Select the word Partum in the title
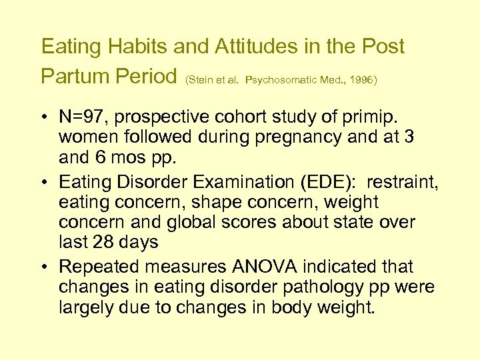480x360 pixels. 75,76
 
